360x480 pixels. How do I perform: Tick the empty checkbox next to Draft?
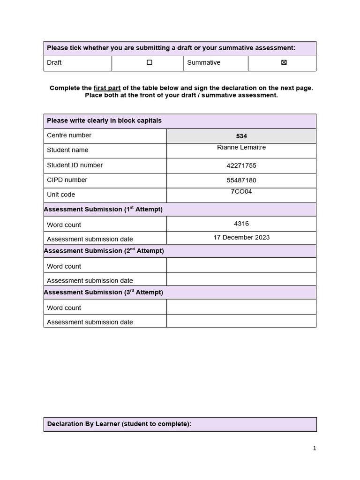point(150,62)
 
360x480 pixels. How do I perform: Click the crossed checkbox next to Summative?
point(284,62)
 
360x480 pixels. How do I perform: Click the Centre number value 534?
point(241,136)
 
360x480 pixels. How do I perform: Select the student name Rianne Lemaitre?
point(241,147)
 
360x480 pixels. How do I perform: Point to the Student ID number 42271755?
point(241,165)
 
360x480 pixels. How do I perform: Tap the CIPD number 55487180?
point(241,180)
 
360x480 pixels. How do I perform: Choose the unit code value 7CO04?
point(241,191)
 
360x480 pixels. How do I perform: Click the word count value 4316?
point(241,224)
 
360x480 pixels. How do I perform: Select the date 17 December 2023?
point(241,237)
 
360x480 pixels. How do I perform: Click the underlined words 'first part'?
point(107,88)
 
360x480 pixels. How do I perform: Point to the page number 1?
point(315,448)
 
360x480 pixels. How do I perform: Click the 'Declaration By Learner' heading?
point(119,424)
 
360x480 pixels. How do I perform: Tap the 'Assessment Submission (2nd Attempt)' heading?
point(104,251)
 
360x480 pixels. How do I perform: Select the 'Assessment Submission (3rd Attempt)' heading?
point(103,292)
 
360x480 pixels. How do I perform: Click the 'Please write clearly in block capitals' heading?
point(104,120)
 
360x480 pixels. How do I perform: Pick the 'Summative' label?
point(203,62)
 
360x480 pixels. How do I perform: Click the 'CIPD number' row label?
point(67,180)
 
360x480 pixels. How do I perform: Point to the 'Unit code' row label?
point(61,195)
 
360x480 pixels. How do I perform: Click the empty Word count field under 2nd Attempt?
point(241,265)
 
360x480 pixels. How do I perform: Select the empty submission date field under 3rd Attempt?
point(241,321)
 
